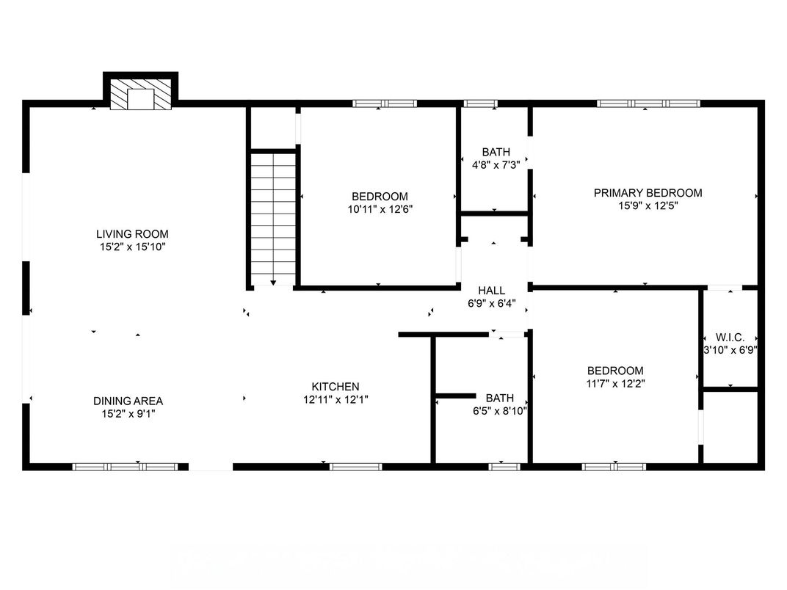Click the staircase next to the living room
(273, 218)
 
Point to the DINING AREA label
(128, 401)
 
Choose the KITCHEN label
(336, 387)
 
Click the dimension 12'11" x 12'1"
(336, 400)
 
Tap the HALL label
(491, 291)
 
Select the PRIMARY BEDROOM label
(648, 193)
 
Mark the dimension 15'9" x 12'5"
(648, 206)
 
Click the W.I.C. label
(730, 338)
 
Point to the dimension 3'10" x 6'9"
(730, 350)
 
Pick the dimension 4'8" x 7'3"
(496, 165)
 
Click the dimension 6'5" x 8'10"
(499, 411)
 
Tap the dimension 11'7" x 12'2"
(615, 383)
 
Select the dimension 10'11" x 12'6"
(380, 209)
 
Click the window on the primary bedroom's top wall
(648, 103)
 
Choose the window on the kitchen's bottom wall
(355, 466)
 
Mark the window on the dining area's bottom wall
(125, 466)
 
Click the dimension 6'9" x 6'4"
(491, 303)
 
